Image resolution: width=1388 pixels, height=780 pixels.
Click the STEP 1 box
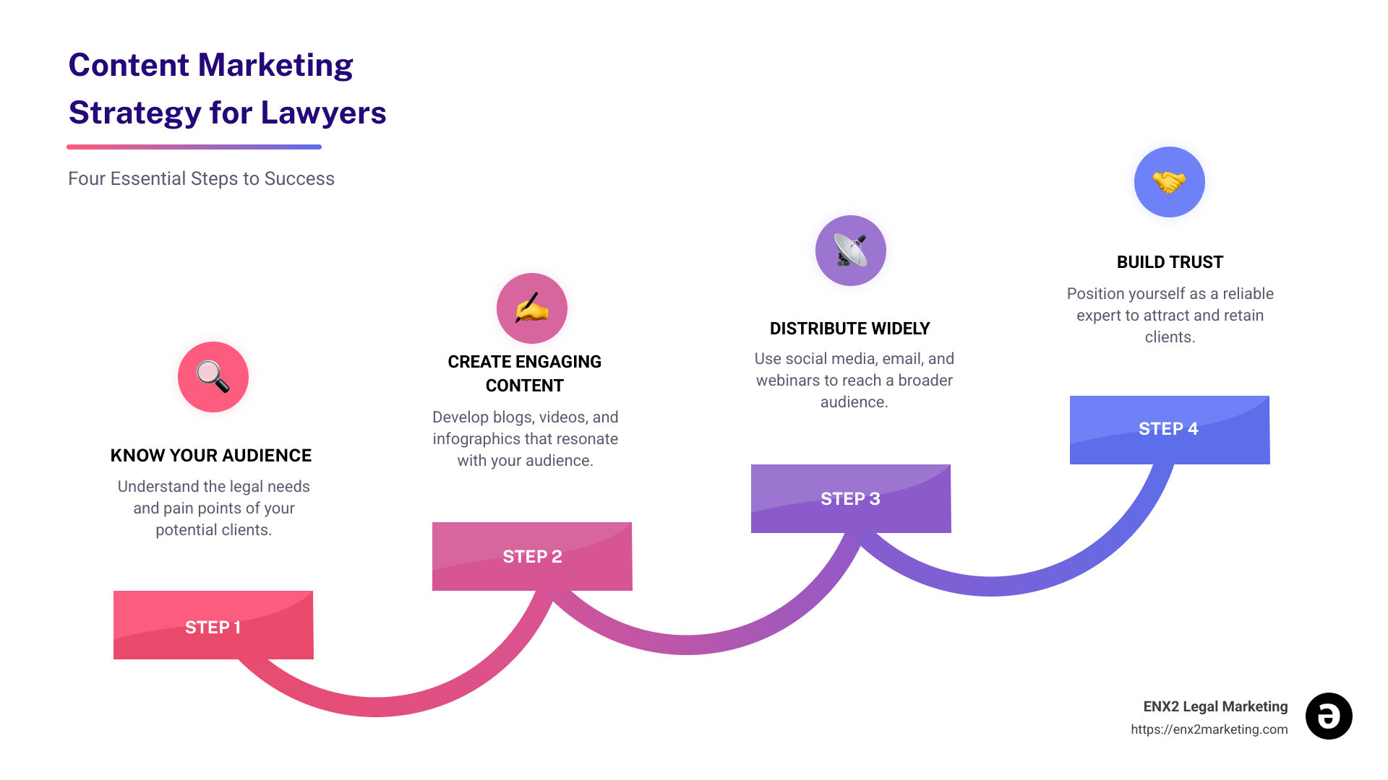tap(213, 625)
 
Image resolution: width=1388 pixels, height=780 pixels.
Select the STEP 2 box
tap(532, 556)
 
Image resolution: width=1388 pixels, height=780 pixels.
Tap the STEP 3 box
tap(851, 498)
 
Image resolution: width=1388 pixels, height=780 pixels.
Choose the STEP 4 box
tap(1169, 429)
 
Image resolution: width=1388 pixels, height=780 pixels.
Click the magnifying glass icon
tap(213, 377)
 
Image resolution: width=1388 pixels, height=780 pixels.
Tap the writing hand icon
tap(532, 308)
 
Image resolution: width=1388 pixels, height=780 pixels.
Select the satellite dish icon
tap(851, 251)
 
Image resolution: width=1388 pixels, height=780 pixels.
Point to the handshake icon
tap(1169, 182)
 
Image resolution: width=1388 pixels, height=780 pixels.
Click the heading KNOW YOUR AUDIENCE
tap(211, 456)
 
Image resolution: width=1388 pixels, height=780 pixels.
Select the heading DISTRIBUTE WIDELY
tap(849, 329)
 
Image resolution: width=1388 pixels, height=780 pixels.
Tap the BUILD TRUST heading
tap(1170, 262)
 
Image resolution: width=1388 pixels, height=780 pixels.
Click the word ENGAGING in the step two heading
tap(559, 362)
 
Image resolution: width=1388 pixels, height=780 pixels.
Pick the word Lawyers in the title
tap(323, 113)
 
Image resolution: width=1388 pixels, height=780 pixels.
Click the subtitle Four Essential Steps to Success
tap(201, 178)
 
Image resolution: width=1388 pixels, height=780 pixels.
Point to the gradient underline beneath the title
tap(194, 147)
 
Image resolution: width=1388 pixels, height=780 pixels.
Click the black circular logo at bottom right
tap(1329, 716)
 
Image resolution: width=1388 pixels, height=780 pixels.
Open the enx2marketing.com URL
tap(1209, 729)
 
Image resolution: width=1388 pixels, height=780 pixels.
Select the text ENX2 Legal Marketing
tap(1215, 706)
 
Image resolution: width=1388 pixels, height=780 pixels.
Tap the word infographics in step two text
tap(476, 439)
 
